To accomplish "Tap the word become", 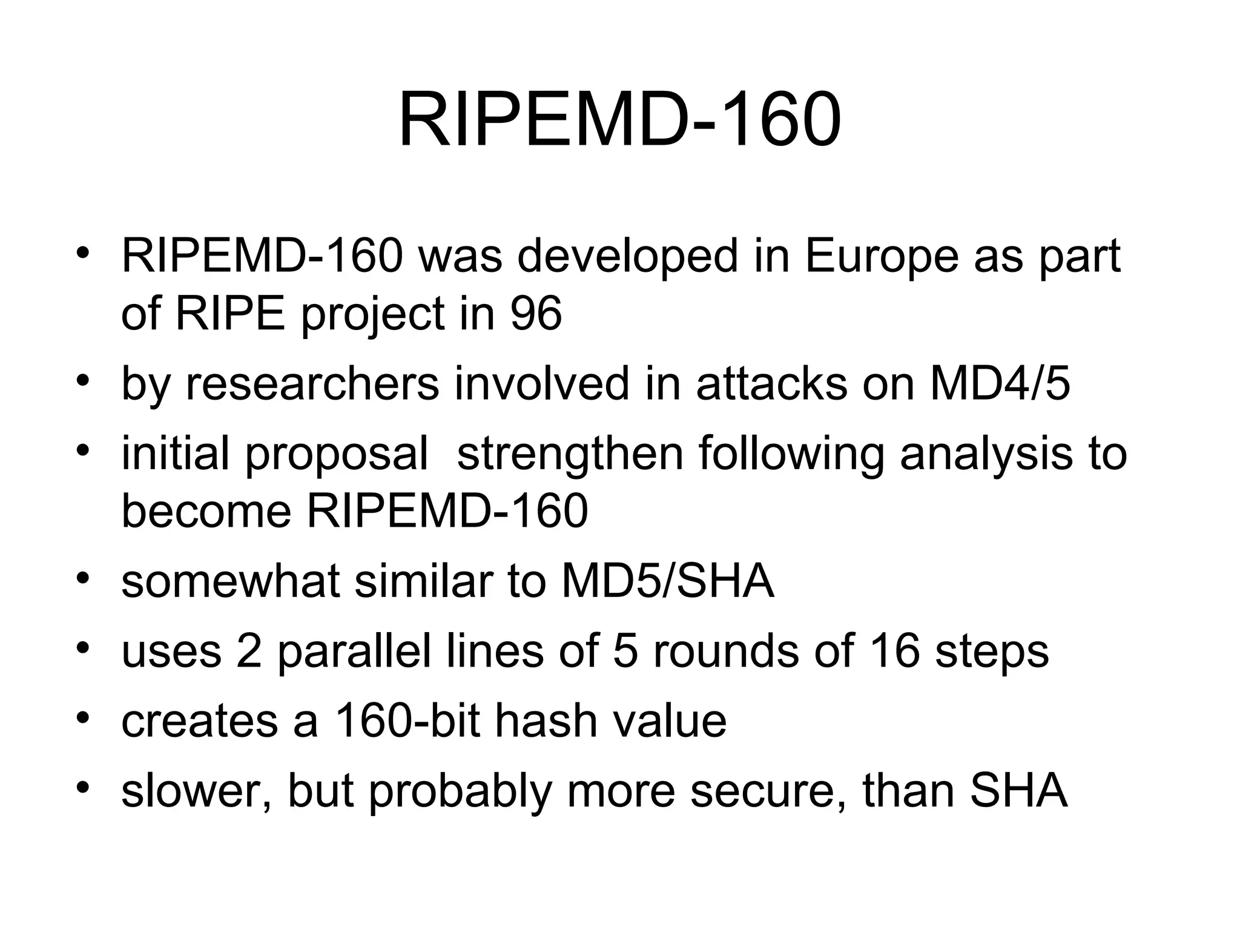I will pyautogui.click(x=206, y=511).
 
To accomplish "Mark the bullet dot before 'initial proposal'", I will pyautogui.click(x=84, y=450).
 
